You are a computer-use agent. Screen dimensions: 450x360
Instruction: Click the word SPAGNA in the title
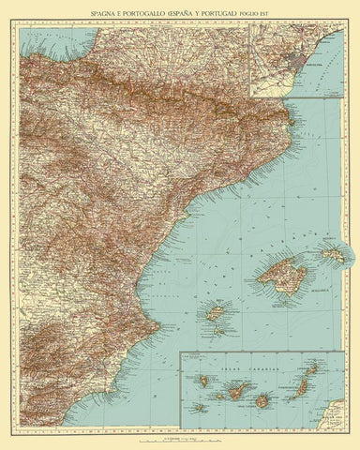[x=106, y=13]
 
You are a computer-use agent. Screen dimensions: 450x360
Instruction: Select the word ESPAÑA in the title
[x=200, y=13]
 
